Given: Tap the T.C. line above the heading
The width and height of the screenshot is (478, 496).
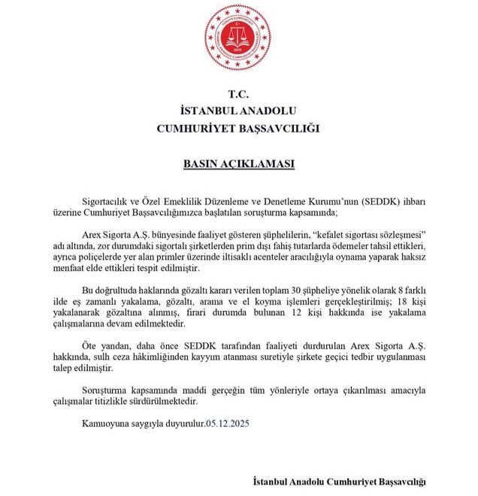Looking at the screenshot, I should click(238, 94).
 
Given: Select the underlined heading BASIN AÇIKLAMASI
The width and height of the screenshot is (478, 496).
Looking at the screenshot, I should click(238, 163).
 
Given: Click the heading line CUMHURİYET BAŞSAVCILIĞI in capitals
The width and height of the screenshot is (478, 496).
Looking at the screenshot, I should click(238, 128).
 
